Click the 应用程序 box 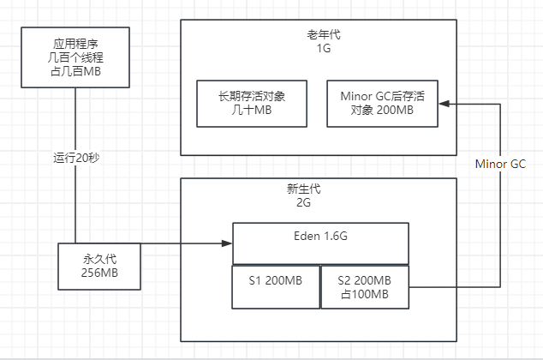tap(76, 57)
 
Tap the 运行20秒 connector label tap(76, 158)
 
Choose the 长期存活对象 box tap(251, 104)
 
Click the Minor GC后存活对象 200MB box tap(383, 104)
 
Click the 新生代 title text tap(318, 190)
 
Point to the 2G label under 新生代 tap(318, 204)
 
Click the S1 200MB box tap(275, 286)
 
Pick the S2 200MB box tap(366, 286)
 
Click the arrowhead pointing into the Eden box tap(227, 243)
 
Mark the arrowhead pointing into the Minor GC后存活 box tap(445, 104)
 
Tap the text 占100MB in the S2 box tap(366, 295)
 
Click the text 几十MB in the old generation tap(251, 111)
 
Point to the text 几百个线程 tap(76, 57)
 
